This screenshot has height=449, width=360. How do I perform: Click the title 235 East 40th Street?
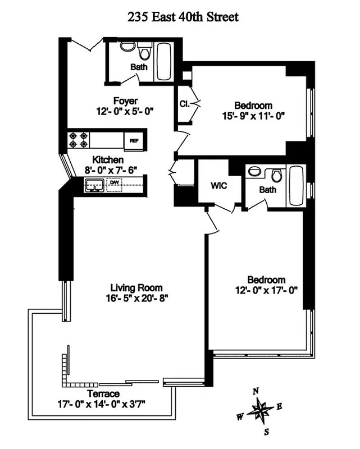click(x=183, y=17)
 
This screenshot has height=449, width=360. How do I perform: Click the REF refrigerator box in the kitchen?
click(x=134, y=140)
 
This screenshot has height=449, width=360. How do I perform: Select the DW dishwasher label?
click(x=115, y=182)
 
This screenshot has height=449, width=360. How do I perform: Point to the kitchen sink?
click(x=94, y=184)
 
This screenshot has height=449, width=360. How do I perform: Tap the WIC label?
click(x=219, y=186)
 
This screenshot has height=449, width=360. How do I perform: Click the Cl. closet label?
click(x=184, y=104)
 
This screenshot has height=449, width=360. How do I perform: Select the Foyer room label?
click(x=125, y=101)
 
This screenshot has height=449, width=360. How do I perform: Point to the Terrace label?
click(x=103, y=393)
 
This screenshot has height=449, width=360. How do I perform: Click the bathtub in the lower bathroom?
click(x=295, y=186)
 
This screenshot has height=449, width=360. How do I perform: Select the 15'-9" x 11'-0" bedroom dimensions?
click(x=253, y=116)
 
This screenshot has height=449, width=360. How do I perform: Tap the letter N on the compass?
click(x=256, y=391)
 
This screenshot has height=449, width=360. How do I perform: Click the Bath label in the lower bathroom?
click(x=267, y=190)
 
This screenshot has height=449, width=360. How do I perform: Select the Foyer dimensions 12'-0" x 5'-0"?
click(x=125, y=111)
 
